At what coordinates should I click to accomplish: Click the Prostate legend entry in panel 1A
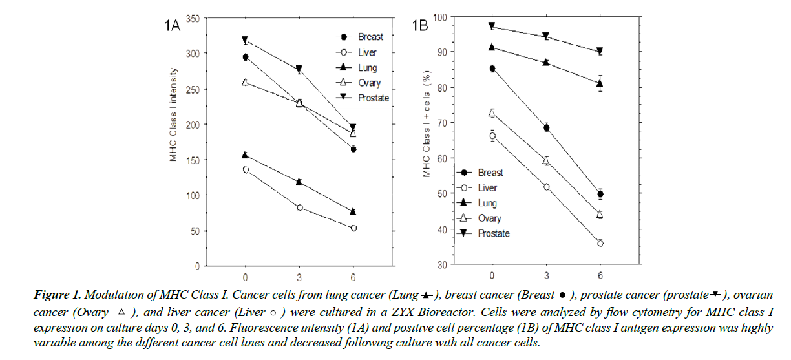point(365,98)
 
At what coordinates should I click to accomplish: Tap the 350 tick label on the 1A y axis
point(191,17)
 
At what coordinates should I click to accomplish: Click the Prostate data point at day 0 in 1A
point(245,40)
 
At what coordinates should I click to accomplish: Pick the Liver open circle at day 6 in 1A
point(353,228)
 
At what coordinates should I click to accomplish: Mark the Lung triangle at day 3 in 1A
point(299,182)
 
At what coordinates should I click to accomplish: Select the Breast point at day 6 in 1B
point(600,194)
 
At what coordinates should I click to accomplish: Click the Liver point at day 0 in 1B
point(492,135)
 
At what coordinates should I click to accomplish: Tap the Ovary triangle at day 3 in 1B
point(546,160)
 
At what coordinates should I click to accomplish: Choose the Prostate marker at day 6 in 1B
point(600,51)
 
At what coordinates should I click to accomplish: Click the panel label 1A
point(174,26)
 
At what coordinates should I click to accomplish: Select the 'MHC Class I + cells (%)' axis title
point(426,134)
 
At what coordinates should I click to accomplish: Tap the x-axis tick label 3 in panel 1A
point(299,276)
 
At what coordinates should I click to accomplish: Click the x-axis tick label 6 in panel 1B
point(600,275)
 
